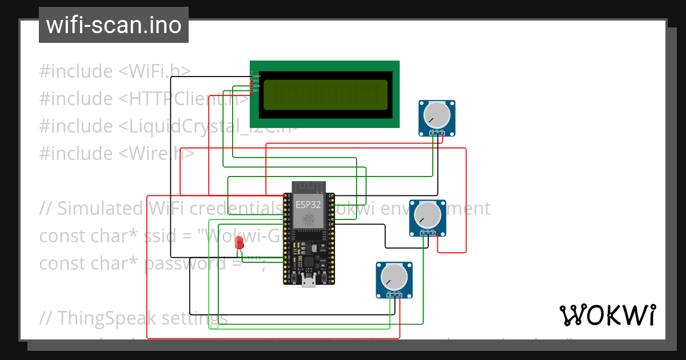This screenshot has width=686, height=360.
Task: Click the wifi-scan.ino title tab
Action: click(114, 25)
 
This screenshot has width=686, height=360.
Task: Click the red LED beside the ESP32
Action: click(240, 243)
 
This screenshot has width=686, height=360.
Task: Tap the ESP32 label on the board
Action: click(308, 205)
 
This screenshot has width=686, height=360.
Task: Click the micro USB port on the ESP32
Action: click(309, 281)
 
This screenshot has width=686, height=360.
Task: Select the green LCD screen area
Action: click(325, 95)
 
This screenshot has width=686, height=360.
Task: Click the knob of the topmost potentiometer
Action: click(437, 116)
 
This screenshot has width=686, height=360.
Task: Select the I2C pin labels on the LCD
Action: click(256, 83)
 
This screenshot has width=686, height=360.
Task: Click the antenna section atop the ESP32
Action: click(308, 188)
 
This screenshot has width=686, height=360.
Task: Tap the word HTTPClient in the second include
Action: click(180, 99)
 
